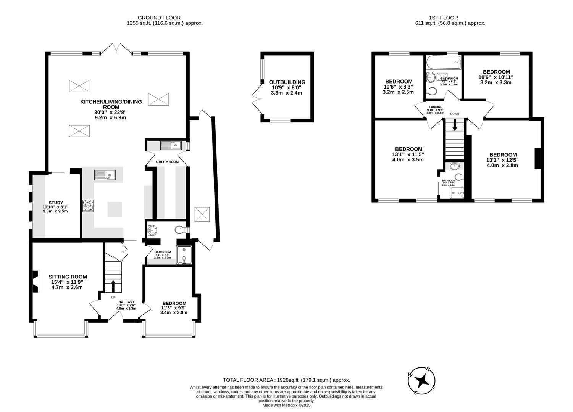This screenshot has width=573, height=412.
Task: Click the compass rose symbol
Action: pyautogui.click(x=421, y=380)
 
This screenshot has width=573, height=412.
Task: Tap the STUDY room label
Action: pyautogui.click(x=56, y=203)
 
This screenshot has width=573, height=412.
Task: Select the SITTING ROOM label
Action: pyautogui.click(x=68, y=277)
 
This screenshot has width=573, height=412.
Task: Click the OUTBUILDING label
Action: pyautogui.click(x=287, y=82)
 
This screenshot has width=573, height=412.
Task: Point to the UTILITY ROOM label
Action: pyautogui.click(x=167, y=162)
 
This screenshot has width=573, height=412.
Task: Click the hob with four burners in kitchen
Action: pyautogui.click(x=88, y=206)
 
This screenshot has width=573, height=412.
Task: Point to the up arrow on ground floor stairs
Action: pyautogui.click(x=113, y=286)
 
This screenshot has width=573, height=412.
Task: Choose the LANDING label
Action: pyautogui.click(x=435, y=107)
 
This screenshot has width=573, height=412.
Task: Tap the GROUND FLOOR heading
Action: pyautogui.click(x=159, y=18)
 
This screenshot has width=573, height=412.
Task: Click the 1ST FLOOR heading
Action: pyautogui.click(x=443, y=18)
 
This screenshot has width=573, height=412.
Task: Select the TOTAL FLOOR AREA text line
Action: pyautogui.click(x=286, y=380)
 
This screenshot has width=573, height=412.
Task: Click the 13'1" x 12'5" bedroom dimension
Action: pyautogui.click(x=502, y=160)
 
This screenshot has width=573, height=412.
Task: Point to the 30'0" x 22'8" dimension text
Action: pyautogui.click(x=110, y=113)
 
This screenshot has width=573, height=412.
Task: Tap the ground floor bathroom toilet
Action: pyautogui.click(x=180, y=230)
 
